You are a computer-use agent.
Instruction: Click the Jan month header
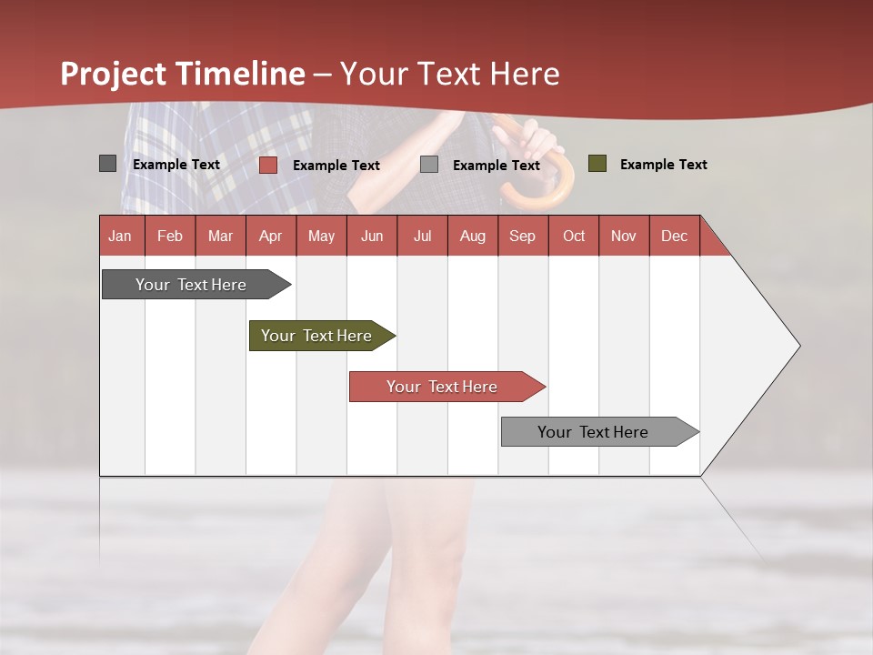click(x=120, y=236)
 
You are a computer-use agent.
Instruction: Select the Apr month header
click(x=270, y=236)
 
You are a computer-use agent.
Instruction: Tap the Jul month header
click(x=422, y=236)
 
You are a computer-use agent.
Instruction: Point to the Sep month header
click(x=522, y=236)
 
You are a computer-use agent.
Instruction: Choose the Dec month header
click(x=674, y=236)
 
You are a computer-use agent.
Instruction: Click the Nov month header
click(x=623, y=236)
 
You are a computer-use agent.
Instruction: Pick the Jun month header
click(x=372, y=236)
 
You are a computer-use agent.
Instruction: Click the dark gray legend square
click(x=107, y=164)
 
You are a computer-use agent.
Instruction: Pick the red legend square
click(x=267, y=165)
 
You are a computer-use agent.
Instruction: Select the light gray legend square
click(x=429, y=165)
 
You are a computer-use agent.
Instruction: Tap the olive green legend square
click(x=597, y=164)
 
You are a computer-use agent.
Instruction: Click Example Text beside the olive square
click(x=663, y=165)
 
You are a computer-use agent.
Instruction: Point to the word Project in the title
click(x=114, y=74)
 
